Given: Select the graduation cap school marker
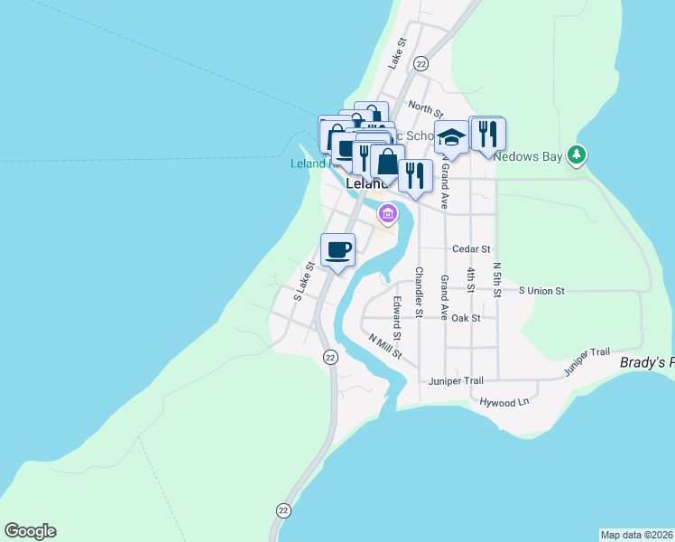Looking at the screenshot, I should point(451,137).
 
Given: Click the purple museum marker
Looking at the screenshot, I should point(388,214).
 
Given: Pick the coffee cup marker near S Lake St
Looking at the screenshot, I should point(337,249).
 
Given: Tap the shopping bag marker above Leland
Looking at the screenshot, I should point(387,163).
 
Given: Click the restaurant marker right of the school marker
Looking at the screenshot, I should point(487,135).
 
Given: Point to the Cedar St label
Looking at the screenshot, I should point(471,248).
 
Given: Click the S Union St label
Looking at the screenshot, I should point(541,291).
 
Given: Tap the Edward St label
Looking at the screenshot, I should point(397,313).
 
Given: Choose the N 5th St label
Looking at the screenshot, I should point(497,280).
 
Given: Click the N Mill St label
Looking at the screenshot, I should point(384,346).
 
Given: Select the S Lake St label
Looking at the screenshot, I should point(302,281).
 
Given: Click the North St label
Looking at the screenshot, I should point(425,109).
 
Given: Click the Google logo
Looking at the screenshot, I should point(30,531).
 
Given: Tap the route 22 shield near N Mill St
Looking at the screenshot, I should point(331,357).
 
